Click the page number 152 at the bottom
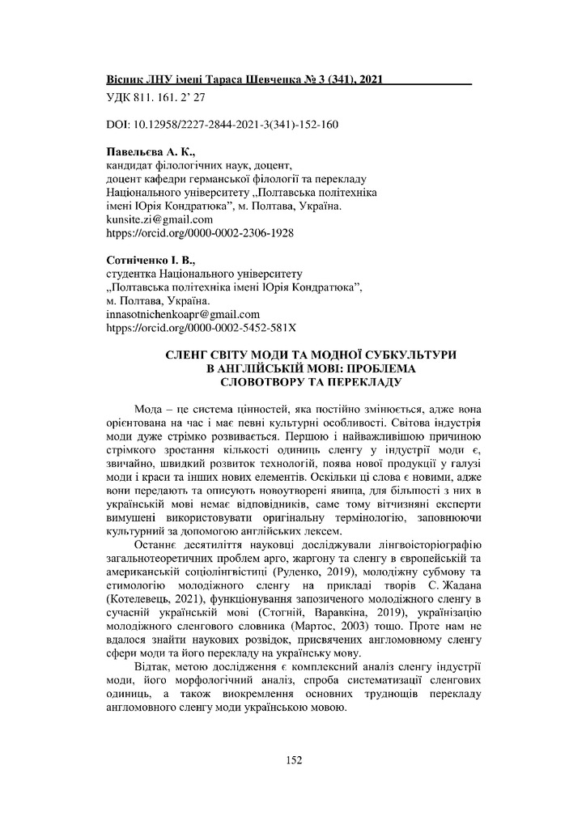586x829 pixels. click(293, 759)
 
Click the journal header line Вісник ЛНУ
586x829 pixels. click(244, 82)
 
